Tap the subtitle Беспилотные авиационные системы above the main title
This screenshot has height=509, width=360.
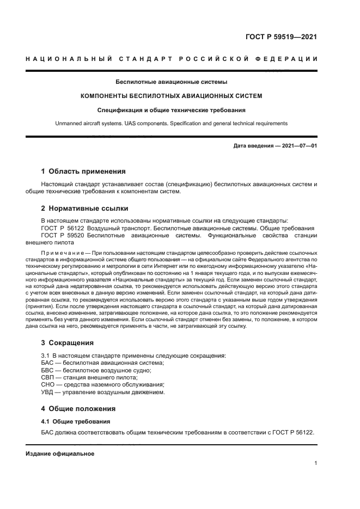(x=171, y=82)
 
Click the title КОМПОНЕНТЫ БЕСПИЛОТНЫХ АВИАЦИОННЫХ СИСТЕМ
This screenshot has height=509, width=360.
(x=171, y=96)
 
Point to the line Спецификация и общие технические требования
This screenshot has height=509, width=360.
(x=171, y=109)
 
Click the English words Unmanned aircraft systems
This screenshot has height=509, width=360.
(x=89, y=124)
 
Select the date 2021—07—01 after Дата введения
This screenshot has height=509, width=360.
(x=298, y=146)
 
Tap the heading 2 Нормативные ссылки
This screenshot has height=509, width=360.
(x=86, y=208)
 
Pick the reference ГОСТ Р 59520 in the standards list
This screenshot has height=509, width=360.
(x=63, y=235)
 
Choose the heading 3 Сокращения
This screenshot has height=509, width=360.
(x=68, y=343)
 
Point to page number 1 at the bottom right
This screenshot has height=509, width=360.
(x=315, y=463)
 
